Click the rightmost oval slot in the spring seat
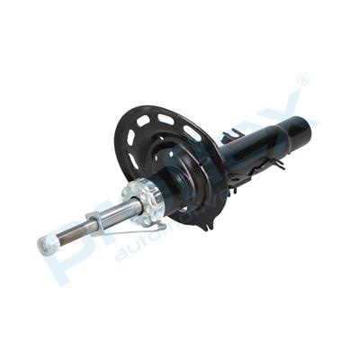click(x=193, y=133)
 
